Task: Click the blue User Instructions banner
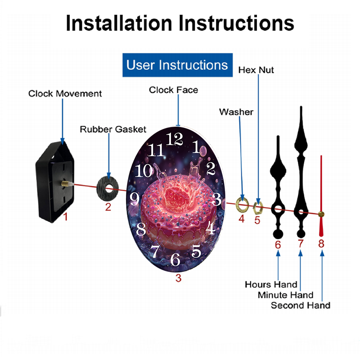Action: tap(177, 65)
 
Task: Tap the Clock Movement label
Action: tap(65, 94)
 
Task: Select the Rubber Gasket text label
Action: tap(113, 129)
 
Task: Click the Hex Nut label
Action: tap(256, 70)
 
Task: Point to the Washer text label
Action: tap(236, 112)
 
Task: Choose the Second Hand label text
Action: tap(301, 305)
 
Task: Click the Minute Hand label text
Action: tap(285, 295)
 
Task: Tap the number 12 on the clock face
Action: tap(175, 139)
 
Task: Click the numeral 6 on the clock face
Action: tap(175, 260)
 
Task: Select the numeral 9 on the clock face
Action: tap(135, 199)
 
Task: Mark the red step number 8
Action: tap(321, 244)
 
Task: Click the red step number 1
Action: tap(66, 217)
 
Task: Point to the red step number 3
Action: tap(179, 278)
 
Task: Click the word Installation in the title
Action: tap(119, 23)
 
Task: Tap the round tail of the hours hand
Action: tap(278, 234)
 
